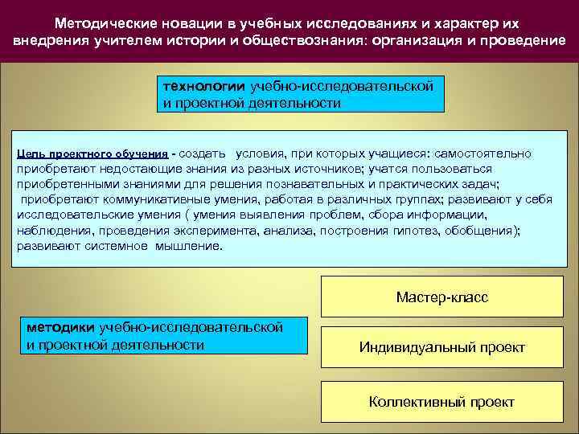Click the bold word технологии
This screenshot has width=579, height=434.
204,85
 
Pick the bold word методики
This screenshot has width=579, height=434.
60,327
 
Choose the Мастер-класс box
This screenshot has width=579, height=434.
441,297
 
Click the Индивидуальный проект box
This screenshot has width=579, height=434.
441,347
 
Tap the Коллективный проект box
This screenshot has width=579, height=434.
441,402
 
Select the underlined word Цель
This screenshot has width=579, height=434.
29,154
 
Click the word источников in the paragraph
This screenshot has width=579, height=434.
328,169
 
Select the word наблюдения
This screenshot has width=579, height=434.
51,231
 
